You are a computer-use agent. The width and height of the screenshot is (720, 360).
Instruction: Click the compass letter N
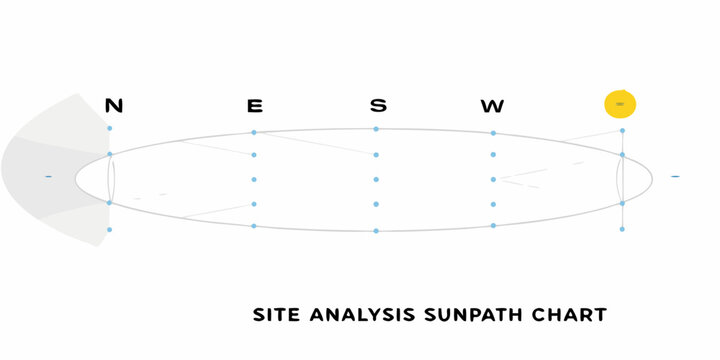click(x=114, y=105)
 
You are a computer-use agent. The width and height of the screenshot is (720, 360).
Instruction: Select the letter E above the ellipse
click(x=255, y=105)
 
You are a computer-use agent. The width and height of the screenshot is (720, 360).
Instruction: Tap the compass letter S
click(x=377, y=105)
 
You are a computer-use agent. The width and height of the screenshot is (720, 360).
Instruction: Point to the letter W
click(x=492, y=105)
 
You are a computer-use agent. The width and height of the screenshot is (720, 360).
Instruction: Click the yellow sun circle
click(x=620, y=104)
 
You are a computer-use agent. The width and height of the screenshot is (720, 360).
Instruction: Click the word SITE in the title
click(x=274, y=315)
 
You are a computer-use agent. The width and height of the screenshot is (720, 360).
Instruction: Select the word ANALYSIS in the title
click(x=357, y=315)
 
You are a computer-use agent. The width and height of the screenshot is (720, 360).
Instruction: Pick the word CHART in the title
click(x=570, y=315)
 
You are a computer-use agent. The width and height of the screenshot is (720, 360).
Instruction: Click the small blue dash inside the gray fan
click(x=48, y=177)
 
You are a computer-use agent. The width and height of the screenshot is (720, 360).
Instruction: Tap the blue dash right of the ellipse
click(x=675, y=177)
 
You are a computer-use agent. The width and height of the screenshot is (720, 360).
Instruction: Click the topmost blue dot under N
click(x=110, y=129)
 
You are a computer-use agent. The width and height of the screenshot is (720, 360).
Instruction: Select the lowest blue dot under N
click(x=110, y=230)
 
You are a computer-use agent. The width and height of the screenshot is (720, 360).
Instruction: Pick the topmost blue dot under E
click(x=254, y=132)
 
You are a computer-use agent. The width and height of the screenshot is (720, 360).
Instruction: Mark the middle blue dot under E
click(x=254, y=179)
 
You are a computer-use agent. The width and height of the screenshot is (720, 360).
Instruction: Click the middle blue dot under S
click(x=376, y=180)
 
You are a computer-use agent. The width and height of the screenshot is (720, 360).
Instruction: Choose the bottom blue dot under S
click(x=376, y=231)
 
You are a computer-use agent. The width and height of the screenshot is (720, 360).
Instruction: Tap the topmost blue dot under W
click(x=493, y=133)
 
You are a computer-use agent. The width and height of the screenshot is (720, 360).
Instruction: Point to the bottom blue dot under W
click(x=493, y=225)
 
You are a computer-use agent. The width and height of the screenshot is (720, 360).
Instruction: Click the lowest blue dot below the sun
click(x=622, y=229)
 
